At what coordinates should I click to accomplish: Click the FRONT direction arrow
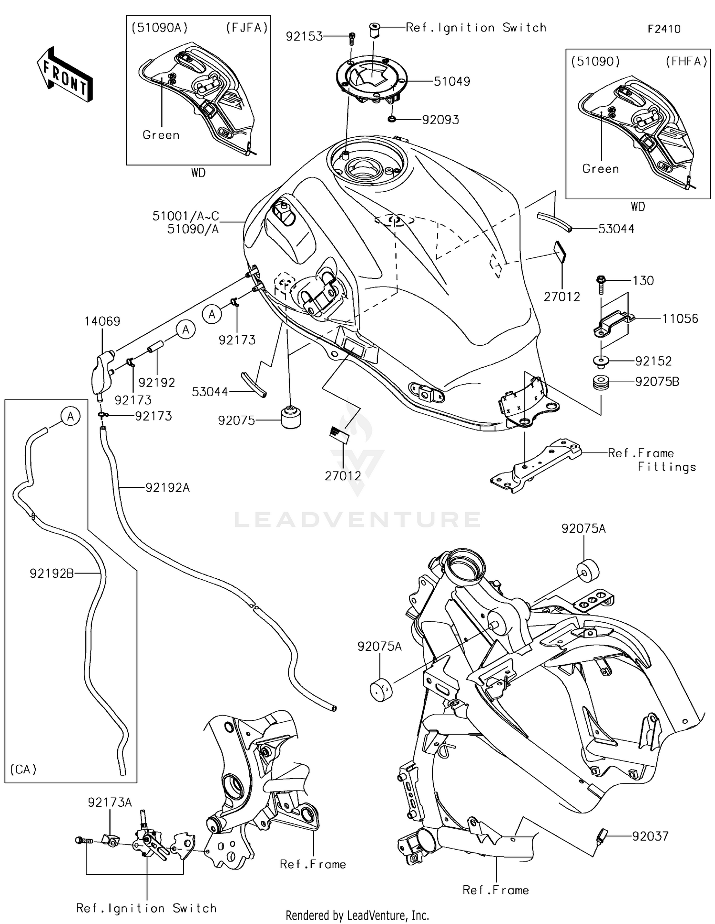point(65,75)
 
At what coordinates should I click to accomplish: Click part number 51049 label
point(451,82)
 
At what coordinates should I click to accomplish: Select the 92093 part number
point(440,120)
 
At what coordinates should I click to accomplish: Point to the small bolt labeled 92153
point(352,37)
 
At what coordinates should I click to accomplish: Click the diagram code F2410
point(664,29)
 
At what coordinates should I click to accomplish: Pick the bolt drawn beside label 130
point(601,285)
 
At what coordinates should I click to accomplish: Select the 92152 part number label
point(653,361)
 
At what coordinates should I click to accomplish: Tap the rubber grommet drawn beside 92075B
point(601,382)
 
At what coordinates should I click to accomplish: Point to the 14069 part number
point(102,321)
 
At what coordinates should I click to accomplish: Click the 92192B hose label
point(51,574)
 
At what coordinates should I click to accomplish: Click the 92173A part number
point(110,802)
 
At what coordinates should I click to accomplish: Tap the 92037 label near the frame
point(650,836)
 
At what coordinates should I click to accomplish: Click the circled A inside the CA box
point(71,417)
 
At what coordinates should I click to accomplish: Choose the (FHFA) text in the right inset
point(685,62)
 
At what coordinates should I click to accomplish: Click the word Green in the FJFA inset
point(161,135)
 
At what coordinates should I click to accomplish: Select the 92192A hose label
point(167,487)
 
